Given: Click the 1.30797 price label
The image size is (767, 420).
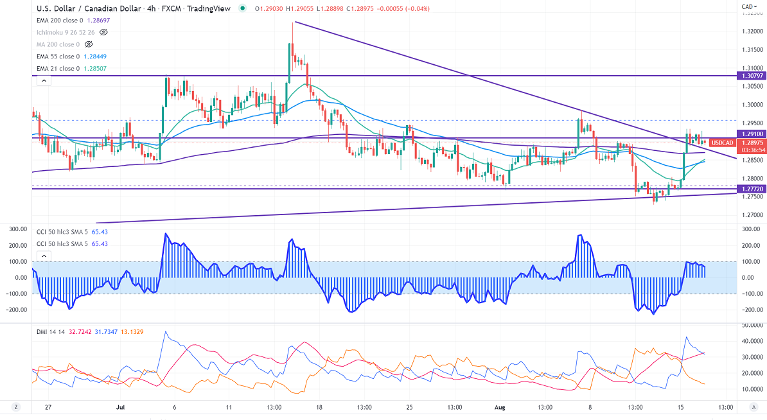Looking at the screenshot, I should pos(752,76).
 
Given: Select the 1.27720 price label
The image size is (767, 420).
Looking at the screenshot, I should pos(752,189).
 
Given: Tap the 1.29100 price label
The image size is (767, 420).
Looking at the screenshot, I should pos(752,134).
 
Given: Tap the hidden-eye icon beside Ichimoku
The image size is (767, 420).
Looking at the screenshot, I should pos(104,31).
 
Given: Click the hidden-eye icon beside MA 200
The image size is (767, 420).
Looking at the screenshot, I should pos(89,44).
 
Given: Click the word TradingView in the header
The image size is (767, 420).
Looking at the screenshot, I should pos(216,8).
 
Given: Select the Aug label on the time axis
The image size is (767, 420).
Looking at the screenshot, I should pos(501,407).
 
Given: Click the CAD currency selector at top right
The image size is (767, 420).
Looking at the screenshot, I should pos(748,7).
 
